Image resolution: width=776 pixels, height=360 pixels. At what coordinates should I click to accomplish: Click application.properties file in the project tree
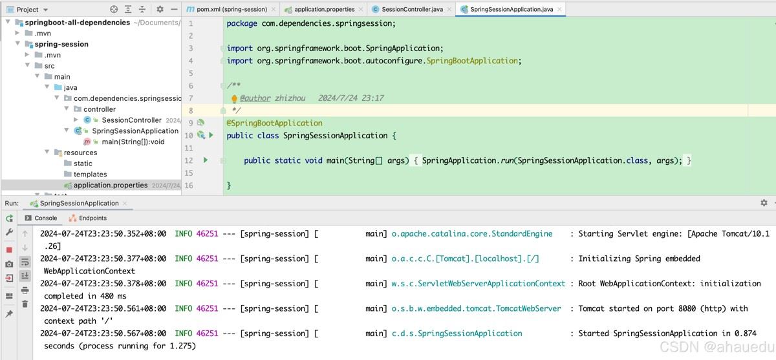pyautogui.click(x=111, y=185)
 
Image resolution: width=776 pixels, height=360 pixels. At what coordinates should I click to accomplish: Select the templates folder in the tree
pyautogui.click(x=90, y=174)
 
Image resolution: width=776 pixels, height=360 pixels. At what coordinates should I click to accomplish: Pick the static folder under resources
pyautogui.click(x=83, y=164)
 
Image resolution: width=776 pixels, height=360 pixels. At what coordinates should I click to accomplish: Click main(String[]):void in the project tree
pyautogui.click(x=133, y=142)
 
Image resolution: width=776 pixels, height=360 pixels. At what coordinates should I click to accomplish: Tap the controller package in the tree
pyautogui.click(x=100, y=109)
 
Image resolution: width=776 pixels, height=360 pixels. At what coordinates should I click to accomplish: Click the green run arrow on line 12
pyautogui.click(x=206, y=160)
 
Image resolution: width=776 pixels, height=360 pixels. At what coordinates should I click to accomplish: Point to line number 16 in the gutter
pyautogui.click(x=189, y=185)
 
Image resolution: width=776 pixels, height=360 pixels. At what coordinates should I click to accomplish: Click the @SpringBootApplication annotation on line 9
pyautogui.click(x=274, y=123)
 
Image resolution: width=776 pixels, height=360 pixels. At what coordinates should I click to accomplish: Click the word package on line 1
pyautogui.click(x=242, y=23)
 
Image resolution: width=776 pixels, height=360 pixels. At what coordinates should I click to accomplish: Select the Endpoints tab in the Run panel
pyautogui.click(x=92, y=218)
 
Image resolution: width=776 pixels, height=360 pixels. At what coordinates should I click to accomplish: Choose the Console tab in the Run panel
pyautogui.click(x=45, y=218)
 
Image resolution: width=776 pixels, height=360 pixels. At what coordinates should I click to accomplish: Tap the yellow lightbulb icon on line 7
pyautogui.click(x=234, y=99)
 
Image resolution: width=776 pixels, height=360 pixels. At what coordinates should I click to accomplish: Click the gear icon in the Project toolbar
pyautogui.click(x=160, y=9)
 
